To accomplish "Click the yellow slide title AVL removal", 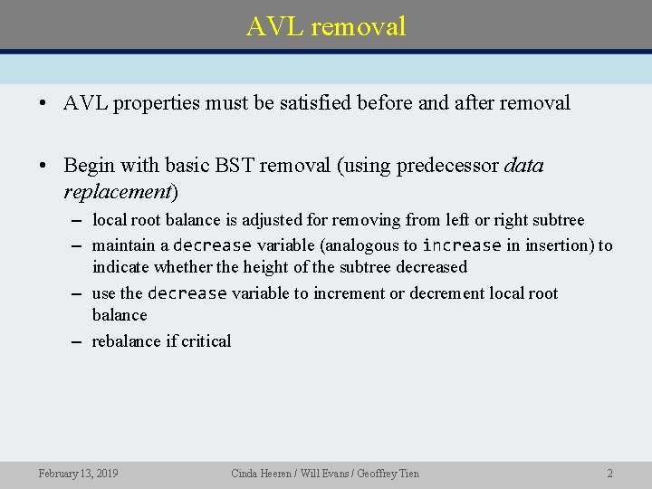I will (326, 26).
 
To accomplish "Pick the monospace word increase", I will (461, 245).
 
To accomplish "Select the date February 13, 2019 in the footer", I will (78, 473).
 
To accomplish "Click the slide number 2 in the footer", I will (609, 473).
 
